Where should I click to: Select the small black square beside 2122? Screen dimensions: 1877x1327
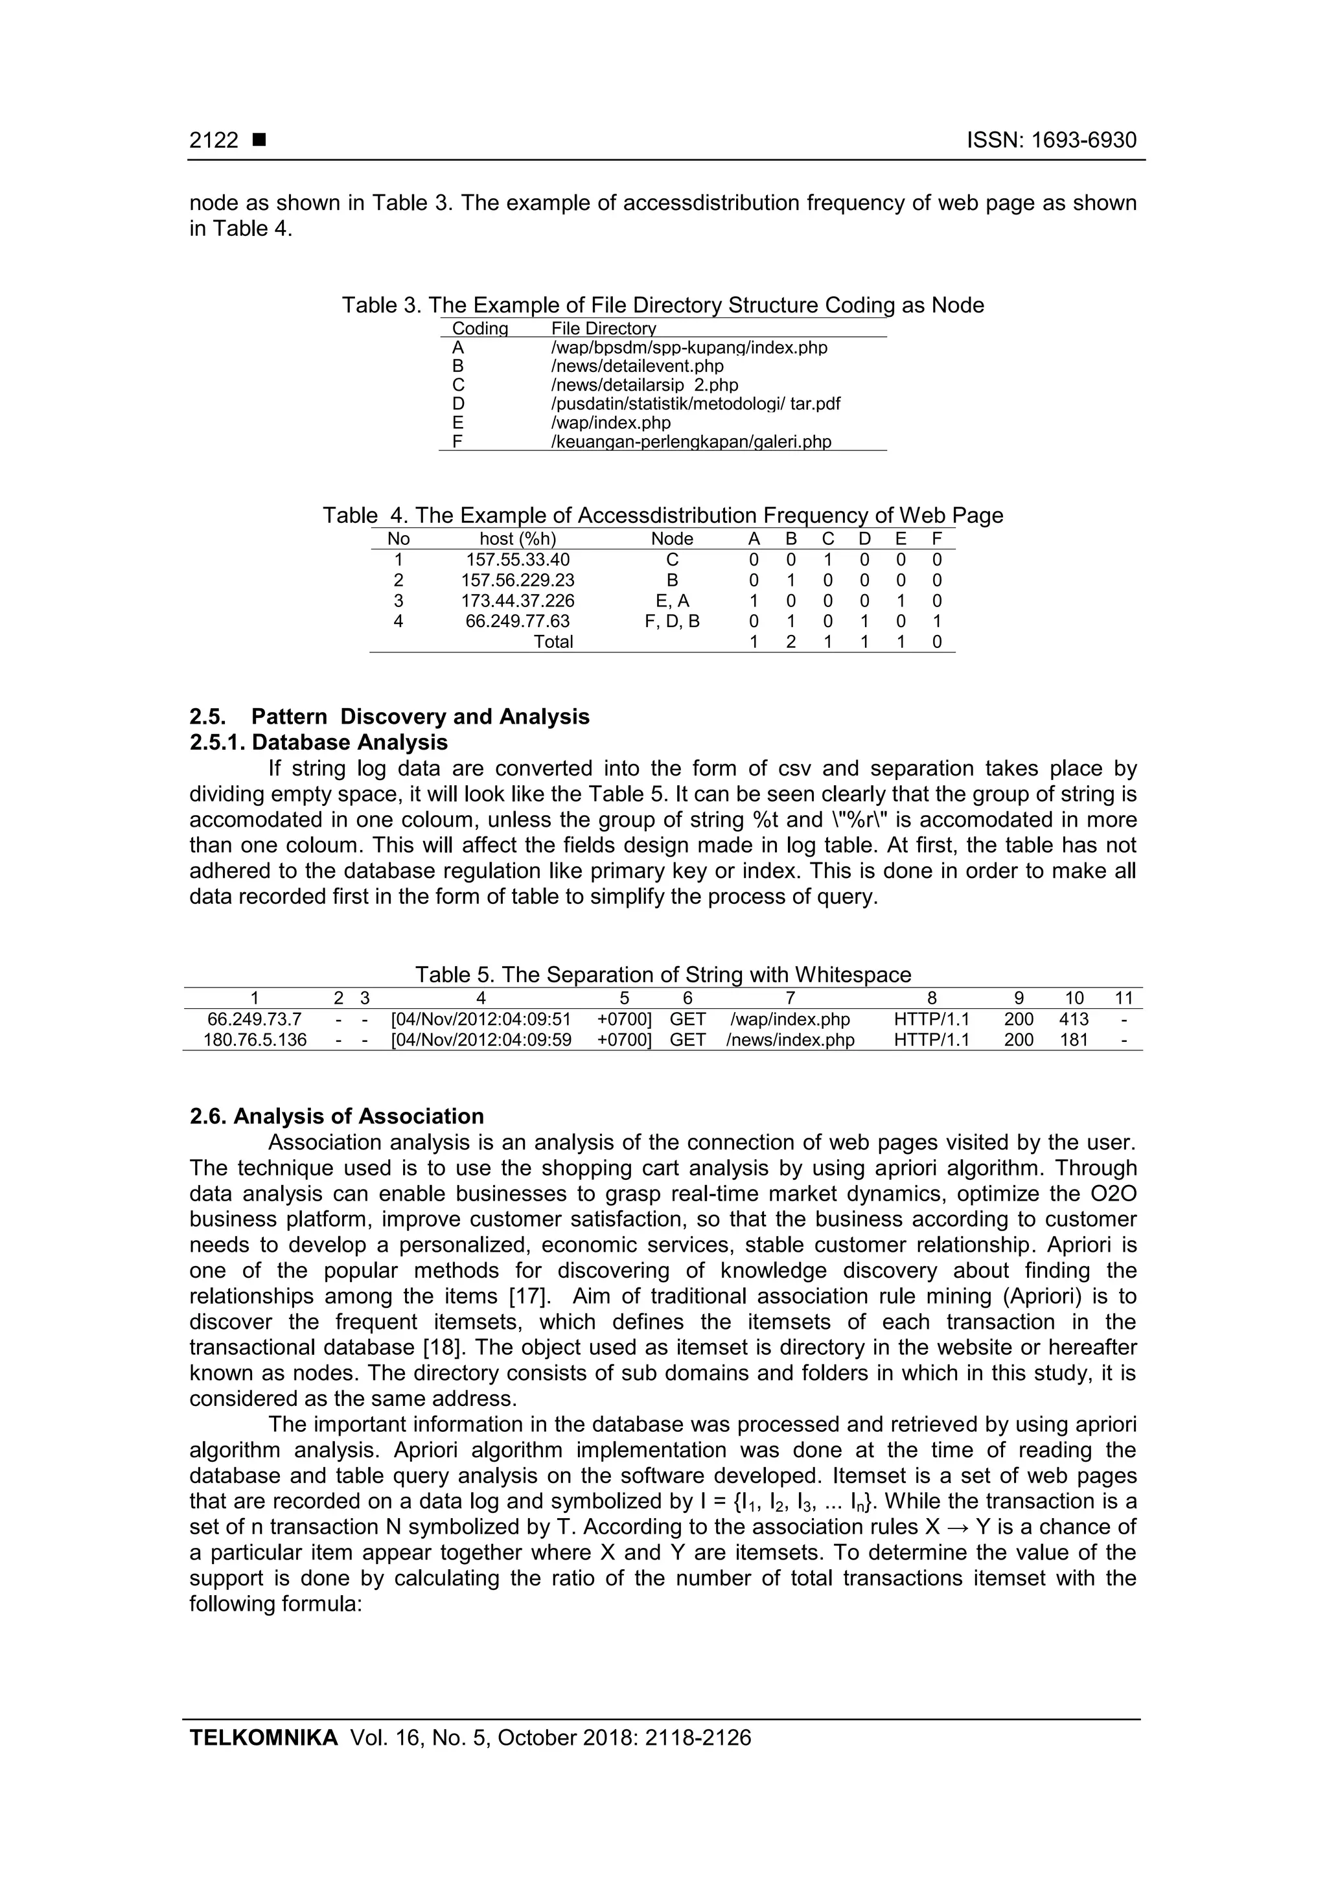[x=260, y=141]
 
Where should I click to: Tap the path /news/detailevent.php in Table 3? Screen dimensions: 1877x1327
[x=637, y=366]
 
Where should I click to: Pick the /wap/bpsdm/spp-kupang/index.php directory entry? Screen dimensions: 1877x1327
[x=689, y=347]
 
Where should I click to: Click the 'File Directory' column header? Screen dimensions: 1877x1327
[x=603, y=328]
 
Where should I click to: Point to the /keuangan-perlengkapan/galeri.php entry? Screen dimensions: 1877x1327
[x=691, y=443]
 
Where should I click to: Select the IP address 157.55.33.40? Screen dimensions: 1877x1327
[x=518, y=560]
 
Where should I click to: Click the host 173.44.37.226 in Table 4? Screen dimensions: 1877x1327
[x=518, y=601]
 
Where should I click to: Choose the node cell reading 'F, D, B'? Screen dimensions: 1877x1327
[x=672, y=621]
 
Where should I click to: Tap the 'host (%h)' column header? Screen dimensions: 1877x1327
[x=518, y=538]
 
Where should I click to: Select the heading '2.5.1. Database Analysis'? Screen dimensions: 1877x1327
[x=319, y=743]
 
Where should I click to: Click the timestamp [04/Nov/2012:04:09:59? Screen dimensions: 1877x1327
[x=481, y=1040]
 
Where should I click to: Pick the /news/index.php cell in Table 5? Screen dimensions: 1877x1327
[x=790, y=1040]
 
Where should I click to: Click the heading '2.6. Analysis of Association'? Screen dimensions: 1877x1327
[x=337, y=1117]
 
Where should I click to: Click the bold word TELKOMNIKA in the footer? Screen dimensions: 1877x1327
[x=263, y=1738]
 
